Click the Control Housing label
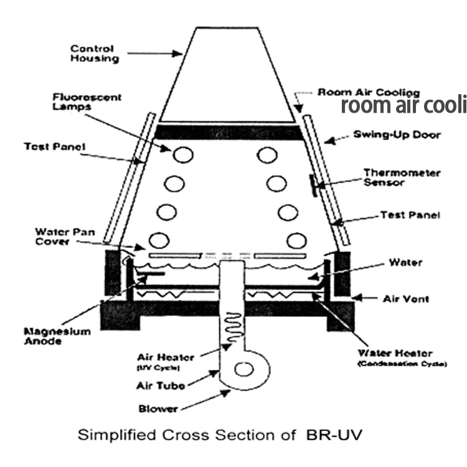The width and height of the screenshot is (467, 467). (92, 54)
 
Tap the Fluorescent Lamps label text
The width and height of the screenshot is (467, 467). (95, 102)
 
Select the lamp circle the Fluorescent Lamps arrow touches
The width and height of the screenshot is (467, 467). (182, 154)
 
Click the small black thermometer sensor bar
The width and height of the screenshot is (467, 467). (313, 185)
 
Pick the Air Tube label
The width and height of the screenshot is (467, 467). (161, 386)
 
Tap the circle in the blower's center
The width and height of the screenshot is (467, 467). (243, 370)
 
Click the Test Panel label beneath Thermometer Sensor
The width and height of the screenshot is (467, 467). (410, 215)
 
